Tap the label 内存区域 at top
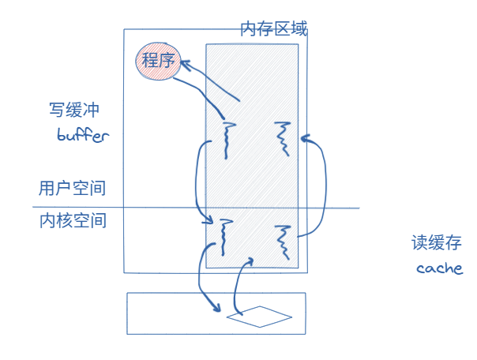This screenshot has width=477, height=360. click(273, 29)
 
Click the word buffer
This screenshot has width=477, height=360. click(83, 135)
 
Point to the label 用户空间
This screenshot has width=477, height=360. click(72, 189)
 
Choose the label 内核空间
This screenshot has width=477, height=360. click(72, 222)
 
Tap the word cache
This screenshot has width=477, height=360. click(439, 268)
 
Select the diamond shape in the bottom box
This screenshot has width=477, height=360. click(259, 317)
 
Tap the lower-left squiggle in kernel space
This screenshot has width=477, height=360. click(227, 238)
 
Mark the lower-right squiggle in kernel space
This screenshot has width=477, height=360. click(283, 242)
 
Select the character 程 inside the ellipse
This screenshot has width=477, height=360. click(148, 61)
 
